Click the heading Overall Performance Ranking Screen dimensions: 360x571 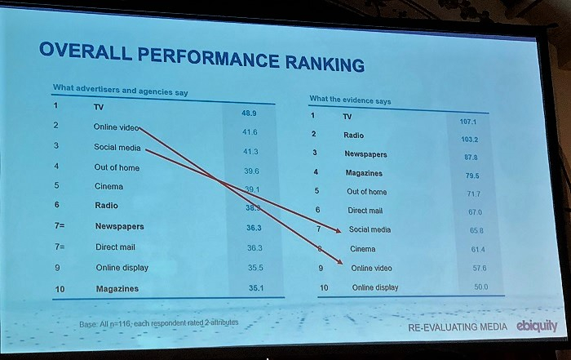point(201,56)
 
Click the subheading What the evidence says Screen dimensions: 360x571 point(350,100)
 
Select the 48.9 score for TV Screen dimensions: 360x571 point(250,113)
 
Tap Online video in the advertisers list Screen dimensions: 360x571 point(117,127)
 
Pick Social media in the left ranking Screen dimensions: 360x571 point(117,148)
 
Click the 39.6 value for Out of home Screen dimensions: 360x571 point(250,171)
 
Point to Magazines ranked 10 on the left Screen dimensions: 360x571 point(117,289)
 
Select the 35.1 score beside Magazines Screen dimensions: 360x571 point(255,287)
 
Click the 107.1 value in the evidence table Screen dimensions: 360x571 point(467,122)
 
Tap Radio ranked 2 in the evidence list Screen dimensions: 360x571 point(353,135)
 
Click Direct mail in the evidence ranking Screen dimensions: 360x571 point(365,211)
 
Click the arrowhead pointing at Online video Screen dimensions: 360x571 point(339,265)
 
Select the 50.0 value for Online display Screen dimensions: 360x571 point(480,287)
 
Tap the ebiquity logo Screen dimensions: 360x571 point(537,325)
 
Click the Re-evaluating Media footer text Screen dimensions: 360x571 point(457,327)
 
